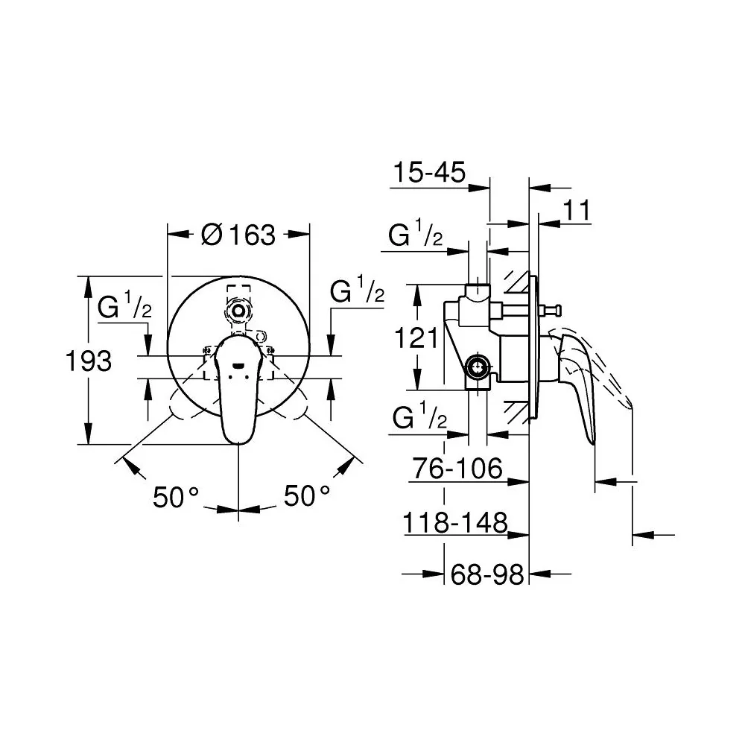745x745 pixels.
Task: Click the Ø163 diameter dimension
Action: coord(238,235)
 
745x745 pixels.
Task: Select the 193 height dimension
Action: coord(89,361)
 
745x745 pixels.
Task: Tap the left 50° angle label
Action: coord(175,498)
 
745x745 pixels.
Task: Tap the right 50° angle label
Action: coord(306,496)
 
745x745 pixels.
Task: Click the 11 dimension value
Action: coord(577,210)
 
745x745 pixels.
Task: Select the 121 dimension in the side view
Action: coord(416,338)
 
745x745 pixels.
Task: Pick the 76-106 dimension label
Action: coord(457,469)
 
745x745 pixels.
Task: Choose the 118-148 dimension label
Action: coord(455,523)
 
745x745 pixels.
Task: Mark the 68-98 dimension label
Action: coord(487,575)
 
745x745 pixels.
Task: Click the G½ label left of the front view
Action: coord(124,305)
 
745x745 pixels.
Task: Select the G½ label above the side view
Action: coord(415,232)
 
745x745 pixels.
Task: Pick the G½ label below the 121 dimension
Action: coord(419,416)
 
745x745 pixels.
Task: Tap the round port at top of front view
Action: coord(238,311)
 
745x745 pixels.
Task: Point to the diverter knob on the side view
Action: coord(553,310)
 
